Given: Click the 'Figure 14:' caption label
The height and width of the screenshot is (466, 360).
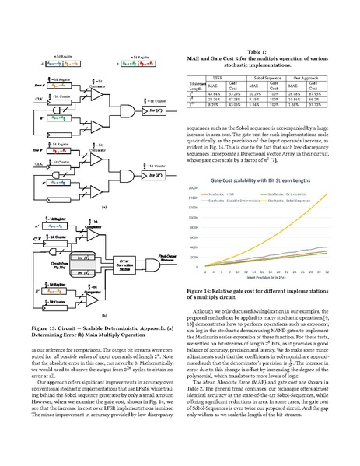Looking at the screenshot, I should pyautogui.click(x=202, y=311).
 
